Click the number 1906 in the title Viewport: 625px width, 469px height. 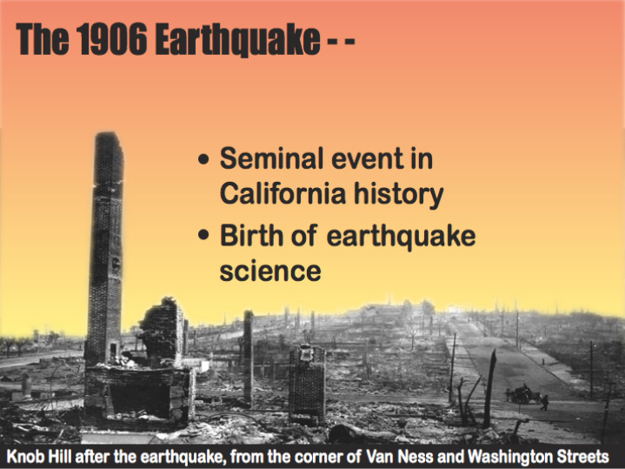click(111, 39)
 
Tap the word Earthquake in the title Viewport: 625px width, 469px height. click(237, 40)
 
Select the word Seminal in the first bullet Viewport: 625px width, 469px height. click(271, 158)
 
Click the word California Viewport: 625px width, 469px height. click(283, 193)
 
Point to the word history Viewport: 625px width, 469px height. click(399, 194)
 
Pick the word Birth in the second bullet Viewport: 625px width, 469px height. click(251, 235)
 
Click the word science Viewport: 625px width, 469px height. click(270, 271)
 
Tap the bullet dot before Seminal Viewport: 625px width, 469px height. click(203, 159)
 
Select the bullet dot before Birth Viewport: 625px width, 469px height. click(203, 234)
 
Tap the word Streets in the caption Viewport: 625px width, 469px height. click(585, 456)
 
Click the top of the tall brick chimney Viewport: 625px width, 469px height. click(108, 135)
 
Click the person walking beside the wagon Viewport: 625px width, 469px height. click(544, 403)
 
